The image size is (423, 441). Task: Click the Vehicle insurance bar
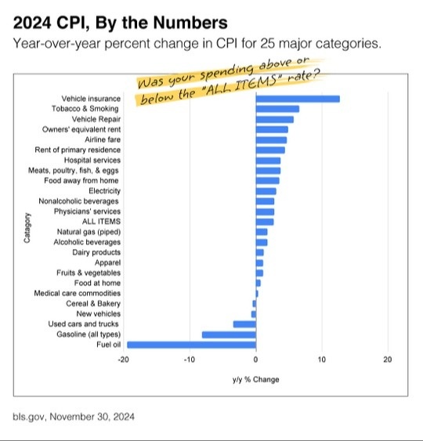tap(298, 99)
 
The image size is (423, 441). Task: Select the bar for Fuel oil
tap(191, 344)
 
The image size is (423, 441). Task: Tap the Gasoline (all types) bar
tap(229, 334)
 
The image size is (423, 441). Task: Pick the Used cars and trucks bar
tap(244, 324)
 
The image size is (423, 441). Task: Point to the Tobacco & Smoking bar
tap(277, 109)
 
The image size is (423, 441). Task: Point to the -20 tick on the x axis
tap(124, 360)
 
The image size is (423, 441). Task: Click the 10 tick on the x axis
tap(322, 360)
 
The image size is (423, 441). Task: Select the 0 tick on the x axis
tap(256, 360)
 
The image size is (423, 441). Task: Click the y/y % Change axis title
tap(255, 380)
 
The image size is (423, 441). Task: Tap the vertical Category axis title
tap(28, 226)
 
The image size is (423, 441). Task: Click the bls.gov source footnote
tap(74, 417)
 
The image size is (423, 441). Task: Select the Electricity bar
tap(266, 190)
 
